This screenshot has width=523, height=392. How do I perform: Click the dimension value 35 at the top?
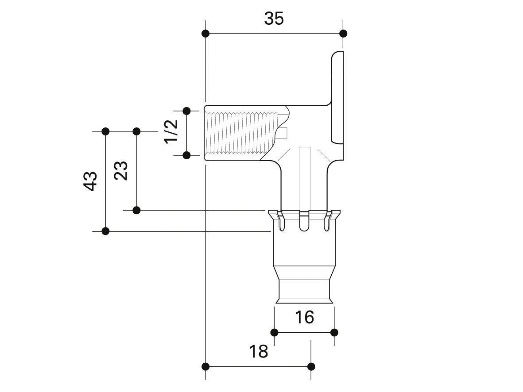coord(274,19)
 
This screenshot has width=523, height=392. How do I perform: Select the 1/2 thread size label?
coord(171,131)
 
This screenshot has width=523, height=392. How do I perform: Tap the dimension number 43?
coord(90,181)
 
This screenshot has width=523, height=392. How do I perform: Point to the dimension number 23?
coord(121,171)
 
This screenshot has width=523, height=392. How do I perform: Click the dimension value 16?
coord(304,317)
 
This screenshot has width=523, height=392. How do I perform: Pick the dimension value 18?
coord(259,351)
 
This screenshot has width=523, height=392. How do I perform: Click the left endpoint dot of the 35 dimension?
coord(205,33)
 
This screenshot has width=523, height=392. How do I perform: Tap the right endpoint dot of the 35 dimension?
coord(343,33)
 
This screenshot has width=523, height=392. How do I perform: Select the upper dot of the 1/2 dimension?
coord(187,111)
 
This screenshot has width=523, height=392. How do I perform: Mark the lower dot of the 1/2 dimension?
coord(187,155)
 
